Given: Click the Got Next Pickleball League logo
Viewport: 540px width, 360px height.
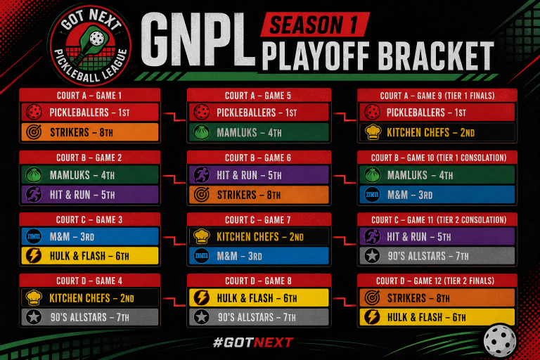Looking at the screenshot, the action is click(90, 46).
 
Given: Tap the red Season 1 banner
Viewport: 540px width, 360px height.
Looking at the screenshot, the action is click(315, 25).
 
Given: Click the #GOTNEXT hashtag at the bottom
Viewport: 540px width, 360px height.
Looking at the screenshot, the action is click(253, 342).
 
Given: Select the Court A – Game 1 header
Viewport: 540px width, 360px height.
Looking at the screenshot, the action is click(89, 95).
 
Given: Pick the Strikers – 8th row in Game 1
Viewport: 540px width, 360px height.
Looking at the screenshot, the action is click(90, 132).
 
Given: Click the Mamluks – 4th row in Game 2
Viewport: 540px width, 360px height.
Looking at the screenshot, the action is click(90, 175).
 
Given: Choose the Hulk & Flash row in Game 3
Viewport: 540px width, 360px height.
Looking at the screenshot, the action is click(90, 256).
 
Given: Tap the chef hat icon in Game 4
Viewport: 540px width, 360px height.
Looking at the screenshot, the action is click(34, 297).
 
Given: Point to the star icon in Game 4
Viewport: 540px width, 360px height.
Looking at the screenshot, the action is click(34, 317).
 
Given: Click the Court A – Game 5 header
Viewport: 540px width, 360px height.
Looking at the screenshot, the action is click(259, 95).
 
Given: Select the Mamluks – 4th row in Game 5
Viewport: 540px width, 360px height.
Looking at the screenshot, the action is click(259, 132).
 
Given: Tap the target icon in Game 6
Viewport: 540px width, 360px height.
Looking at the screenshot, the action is click(202, 195).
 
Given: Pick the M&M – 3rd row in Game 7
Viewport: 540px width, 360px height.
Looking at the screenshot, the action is click(259, 256).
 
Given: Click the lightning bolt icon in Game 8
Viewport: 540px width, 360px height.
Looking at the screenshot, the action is click(202, 297).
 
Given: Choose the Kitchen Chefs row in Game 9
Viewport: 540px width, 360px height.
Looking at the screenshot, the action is click(437, 132).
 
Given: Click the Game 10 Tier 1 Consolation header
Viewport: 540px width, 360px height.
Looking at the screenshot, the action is click(437, 157).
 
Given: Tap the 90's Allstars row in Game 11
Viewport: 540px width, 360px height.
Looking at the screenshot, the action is click(437, 256).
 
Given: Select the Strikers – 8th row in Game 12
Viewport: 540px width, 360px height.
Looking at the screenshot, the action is click(437, 297).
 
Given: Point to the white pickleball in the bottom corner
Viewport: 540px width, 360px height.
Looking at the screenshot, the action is click(500, 341).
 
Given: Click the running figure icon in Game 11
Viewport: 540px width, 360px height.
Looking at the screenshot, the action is click(372, 237).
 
